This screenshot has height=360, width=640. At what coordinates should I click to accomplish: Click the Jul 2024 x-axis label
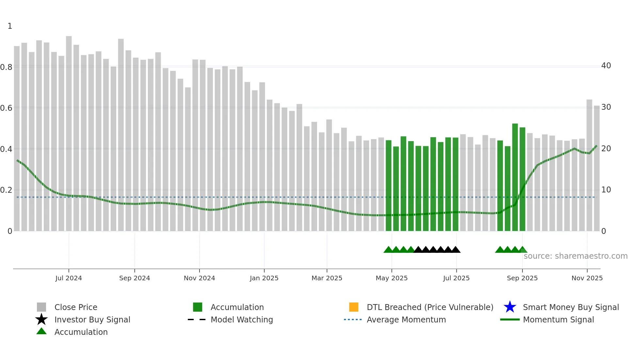pyautogui.click(x=69, y=278)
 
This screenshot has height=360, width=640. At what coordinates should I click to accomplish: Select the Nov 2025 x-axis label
pyautogui.click(x=587, y=278)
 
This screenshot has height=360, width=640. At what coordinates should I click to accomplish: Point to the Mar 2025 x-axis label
pyautogui.click(x=327, y=278)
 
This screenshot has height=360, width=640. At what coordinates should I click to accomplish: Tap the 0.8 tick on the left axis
pyautogui.click(x=6, y=67)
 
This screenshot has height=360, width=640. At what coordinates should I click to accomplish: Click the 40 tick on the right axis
pyautogui.click(x=606, y=66)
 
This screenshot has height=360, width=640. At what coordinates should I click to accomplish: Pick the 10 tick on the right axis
pyautogui.click(x=606, y=190)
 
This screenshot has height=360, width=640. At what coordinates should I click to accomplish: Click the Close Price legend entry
pyautogui.click(x=76, y=307)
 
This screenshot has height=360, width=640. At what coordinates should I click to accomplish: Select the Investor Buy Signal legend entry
pyautogui.click(x=92, y=319)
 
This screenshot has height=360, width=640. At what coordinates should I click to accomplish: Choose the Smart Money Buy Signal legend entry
pyautogui.click(x=571, y=307)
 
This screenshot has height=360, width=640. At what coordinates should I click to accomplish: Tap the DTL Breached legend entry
pyautogui.click(x=430, y=307)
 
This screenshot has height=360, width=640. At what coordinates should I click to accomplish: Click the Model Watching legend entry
pyautogui.click(x=242, y=319)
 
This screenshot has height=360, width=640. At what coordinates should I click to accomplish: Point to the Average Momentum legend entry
pyautogui.click(x=406, y=319)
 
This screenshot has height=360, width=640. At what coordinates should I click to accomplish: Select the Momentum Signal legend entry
pyautogui.click(x=558, y=319)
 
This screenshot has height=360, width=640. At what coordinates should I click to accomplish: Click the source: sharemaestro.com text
pyautogui.click(x=575, y=256)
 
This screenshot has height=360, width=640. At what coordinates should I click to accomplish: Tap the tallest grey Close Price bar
pyautogui.click(x=69, y=131)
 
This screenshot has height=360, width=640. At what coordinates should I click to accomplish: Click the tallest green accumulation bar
pyautogui.click(x=515, y=176)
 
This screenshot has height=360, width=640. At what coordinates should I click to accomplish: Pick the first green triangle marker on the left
pyautogui.click(x=388, y=250)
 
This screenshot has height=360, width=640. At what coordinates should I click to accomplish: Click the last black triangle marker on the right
pyautogui.click(x=456, y=250)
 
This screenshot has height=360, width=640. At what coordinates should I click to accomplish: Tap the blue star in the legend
pyautogui.click(x=510, y=307)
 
